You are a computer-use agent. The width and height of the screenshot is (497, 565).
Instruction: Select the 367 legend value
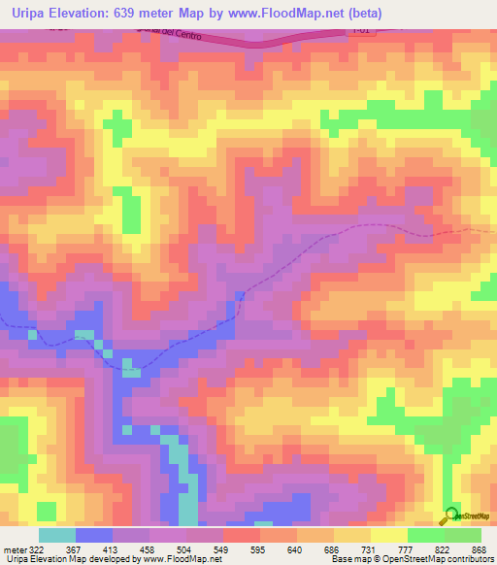click(x=86, y=549)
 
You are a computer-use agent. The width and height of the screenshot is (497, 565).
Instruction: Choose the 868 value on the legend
click(x=479, y=549)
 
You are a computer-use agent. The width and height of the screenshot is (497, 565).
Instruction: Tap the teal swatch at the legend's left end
click(x=56, y=535)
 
